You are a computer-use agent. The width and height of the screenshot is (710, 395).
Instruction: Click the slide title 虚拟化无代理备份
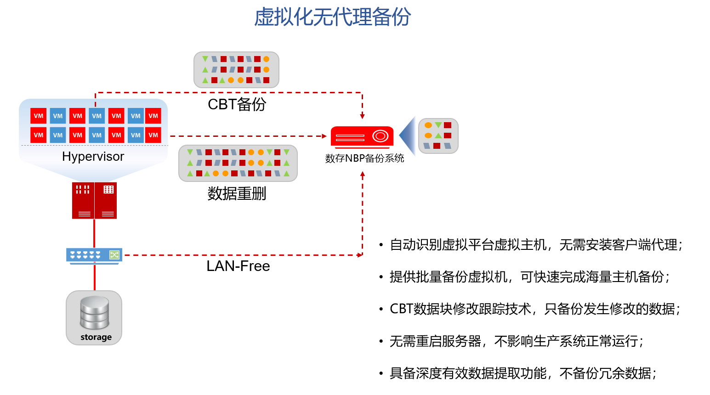333,17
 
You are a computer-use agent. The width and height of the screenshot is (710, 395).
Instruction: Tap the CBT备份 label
237,104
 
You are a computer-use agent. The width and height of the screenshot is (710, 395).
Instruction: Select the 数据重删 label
237,193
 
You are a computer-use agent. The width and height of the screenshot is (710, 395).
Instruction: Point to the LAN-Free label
238,266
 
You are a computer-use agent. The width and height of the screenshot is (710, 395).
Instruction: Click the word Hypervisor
93,157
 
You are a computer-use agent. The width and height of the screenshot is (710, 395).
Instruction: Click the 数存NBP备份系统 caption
364,158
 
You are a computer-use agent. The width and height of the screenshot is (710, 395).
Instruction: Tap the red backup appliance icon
362,137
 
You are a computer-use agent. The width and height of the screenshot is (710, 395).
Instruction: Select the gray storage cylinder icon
94,313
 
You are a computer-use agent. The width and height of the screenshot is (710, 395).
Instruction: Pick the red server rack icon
94,201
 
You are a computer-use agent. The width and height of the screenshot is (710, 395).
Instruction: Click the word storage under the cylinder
96,337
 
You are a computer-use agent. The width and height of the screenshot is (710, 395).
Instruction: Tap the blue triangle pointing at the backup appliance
408,135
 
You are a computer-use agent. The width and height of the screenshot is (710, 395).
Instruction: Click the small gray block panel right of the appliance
438,136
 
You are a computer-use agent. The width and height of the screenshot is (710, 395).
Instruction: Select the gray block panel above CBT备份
237,70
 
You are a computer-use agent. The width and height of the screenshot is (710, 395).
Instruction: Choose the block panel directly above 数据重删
238,163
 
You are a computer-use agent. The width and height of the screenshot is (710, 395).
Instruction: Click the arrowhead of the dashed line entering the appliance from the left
324,136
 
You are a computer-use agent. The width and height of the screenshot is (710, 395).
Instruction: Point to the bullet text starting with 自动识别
536,245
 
